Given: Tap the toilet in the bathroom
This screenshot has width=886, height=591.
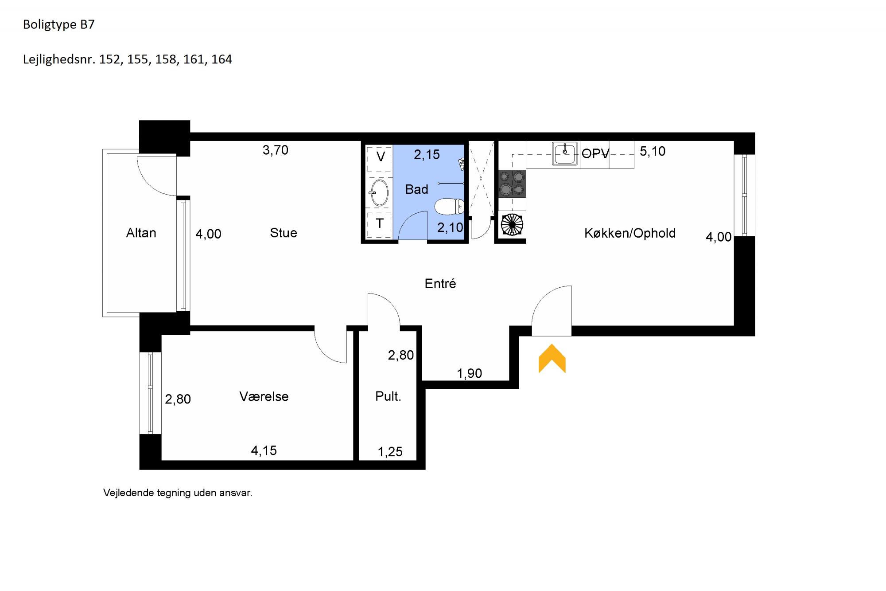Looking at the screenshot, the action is (449, 206).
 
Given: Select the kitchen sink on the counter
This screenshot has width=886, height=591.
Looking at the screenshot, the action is (565, 154).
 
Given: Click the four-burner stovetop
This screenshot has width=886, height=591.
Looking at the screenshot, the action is (512, 184).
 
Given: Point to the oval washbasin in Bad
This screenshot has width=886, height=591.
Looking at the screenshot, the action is (379, 192).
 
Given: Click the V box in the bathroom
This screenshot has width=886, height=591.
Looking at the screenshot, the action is (380, 157).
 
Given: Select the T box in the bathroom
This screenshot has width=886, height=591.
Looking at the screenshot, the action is (379, 224).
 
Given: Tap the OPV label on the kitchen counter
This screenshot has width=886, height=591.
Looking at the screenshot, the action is (595, 153).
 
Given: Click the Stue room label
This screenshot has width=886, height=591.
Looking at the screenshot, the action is (284, 233).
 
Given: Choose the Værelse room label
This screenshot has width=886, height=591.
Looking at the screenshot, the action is (264, 396).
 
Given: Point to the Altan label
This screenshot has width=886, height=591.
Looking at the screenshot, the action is (141, 233).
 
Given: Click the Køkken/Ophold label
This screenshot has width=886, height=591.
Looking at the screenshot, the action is (630, 233).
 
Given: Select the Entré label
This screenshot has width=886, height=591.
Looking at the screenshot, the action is (440, 283).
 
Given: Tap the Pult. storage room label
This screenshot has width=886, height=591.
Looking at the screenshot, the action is (388, 396).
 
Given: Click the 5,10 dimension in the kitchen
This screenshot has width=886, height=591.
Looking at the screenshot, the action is (653, 152).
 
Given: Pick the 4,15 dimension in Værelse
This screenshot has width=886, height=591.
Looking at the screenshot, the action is (264, 451).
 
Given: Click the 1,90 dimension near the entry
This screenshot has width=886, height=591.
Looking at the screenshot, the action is (470, 374).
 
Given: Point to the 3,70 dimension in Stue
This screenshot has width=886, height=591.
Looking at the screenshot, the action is (276, 150).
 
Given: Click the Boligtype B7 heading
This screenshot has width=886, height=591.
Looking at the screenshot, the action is (59, 24).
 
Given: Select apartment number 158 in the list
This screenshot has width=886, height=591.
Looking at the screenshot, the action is (165, 59).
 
